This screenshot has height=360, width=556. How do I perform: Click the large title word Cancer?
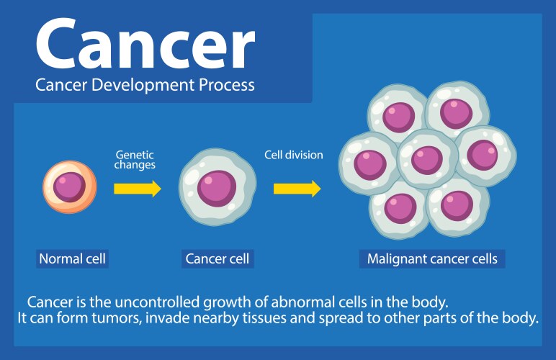click(145, 45)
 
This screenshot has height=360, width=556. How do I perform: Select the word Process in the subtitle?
click(220, 85)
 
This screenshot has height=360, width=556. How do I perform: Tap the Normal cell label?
click(73, 258)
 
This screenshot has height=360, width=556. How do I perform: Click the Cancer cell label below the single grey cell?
click(217, 258)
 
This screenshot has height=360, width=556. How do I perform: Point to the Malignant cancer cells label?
click(432, 258)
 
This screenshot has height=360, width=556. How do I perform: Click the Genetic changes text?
click(135, 159)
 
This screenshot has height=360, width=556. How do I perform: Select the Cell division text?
click(293, 155)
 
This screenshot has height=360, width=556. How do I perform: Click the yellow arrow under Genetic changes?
click(137, 189)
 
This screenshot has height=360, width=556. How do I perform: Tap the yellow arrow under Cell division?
click(297, 189)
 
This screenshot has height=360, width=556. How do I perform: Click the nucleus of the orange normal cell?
click(69, 187)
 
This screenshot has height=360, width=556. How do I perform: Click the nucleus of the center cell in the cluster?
click(426, 158)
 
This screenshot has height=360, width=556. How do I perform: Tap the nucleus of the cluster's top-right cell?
click(455, 112)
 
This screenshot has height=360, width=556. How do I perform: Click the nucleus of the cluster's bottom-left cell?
click(400, 207)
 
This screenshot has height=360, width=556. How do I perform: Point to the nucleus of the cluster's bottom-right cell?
click(457, 205)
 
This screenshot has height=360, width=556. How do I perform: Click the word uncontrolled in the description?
click(144, 300)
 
